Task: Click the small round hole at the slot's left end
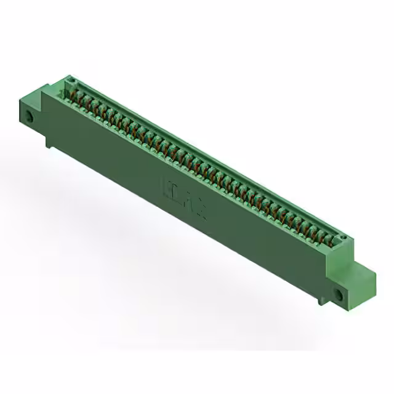pos(70,82)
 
